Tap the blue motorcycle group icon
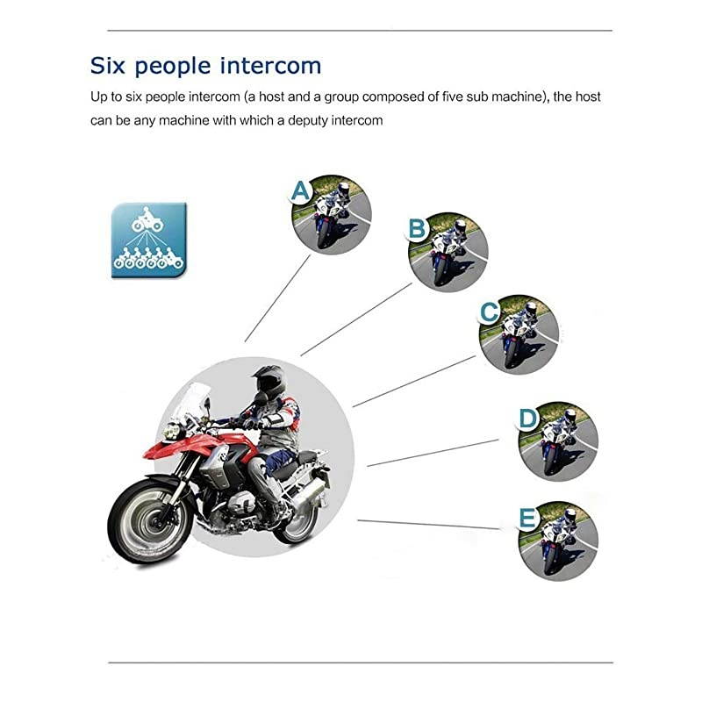click(149, 240)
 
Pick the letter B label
click(418, 230)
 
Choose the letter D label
click(527, 419)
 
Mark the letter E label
click(527, 519)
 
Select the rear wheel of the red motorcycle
click(297, 518)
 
